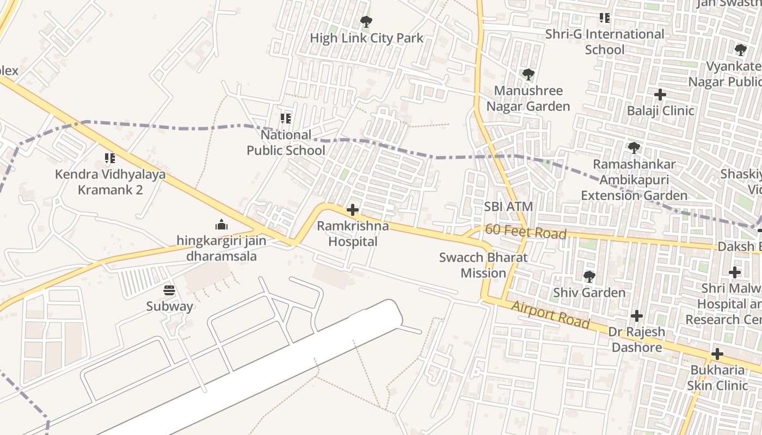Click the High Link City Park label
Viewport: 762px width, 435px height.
(366, 38)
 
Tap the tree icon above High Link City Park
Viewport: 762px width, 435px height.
(366, 22)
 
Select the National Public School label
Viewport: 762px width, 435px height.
(286, 142)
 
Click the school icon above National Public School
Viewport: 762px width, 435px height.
(286, 119)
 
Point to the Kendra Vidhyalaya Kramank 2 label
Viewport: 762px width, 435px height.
(110, 182)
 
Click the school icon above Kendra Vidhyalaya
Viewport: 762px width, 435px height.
(110, 159)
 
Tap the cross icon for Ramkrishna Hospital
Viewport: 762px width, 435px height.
(353, 210)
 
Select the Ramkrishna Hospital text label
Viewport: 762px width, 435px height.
(353, 234)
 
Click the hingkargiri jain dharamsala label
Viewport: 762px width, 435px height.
(221, 248)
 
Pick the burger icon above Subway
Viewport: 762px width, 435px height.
(169, 290)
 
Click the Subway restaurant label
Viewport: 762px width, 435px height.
(169, 307)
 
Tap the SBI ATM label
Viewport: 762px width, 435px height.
(508, 207)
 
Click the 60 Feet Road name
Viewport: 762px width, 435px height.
(525, 232)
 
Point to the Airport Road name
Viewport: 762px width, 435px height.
(550, 314)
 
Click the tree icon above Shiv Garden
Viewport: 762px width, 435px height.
(589, 277)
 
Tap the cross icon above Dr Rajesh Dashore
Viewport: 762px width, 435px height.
(636, 316)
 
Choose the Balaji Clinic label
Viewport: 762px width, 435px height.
(660, 111)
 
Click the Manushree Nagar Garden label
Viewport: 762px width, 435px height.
(528, 98)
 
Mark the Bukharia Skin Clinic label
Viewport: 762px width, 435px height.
(717, 378)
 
